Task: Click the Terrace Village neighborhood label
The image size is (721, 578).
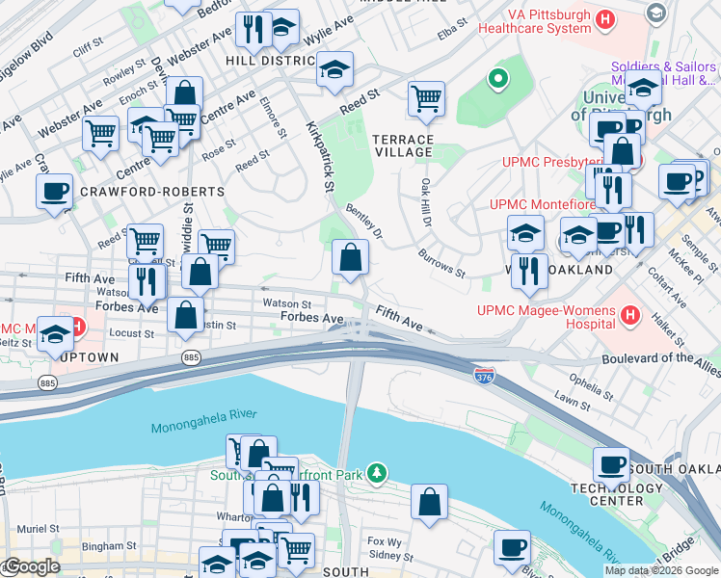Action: (403, 144)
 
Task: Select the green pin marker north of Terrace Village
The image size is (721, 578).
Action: (497, 79)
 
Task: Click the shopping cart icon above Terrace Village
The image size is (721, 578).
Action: (426, 97)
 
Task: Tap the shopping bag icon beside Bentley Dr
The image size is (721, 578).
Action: (350, 256)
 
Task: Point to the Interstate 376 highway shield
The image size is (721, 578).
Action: (484, 373)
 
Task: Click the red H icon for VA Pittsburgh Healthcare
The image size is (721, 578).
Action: (605, 18)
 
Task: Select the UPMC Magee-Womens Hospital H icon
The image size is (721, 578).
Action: (630, 315)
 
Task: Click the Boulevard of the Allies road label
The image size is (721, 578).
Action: (650, 357)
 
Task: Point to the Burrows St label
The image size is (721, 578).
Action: (442, 259)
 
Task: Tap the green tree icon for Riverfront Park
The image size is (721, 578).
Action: (378, 472)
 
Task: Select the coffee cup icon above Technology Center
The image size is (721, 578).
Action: (611, 464)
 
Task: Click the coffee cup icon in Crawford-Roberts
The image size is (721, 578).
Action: (55, 190)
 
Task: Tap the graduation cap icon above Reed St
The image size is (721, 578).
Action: (334, 69)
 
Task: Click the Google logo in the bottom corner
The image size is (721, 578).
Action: (32, 566)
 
